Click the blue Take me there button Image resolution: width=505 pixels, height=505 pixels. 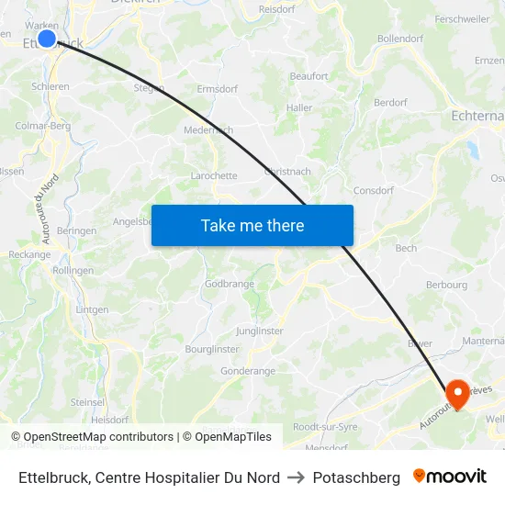tap(252, 225)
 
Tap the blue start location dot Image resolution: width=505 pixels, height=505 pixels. tap(47, 39)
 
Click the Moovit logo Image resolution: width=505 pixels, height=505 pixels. tap(450, 477)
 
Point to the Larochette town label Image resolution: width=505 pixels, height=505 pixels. tap(214, 175)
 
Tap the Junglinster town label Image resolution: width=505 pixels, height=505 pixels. tap(260, 331)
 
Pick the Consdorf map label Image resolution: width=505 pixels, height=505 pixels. tap(374, 191)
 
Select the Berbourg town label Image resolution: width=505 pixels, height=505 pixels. tap(447, 285)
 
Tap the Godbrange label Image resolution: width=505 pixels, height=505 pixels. tap(230, 284)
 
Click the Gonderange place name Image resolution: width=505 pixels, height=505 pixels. tap(248, 371)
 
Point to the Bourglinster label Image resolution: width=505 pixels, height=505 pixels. tap(212, 349)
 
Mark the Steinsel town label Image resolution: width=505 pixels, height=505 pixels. tap(87, 402)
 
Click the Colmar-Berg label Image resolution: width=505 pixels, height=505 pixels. tap(43, 126)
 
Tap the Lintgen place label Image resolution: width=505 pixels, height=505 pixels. tap(92, 309)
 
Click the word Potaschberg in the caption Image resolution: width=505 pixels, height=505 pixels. tap(356, 477)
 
